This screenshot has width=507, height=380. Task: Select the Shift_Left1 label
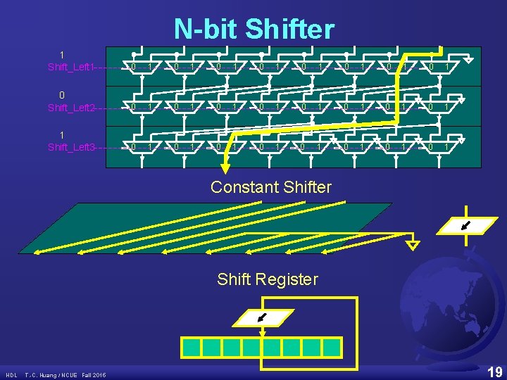click(71, 67)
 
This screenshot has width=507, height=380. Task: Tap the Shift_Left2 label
click(71, 108)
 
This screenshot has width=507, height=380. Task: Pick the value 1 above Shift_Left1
click(63, 54)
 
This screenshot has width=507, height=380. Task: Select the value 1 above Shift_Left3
click(63, 134)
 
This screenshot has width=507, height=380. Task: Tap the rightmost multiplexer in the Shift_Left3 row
click(440, 146)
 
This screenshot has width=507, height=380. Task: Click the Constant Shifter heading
click(271, 187)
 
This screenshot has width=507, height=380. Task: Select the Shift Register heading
click(268, 279)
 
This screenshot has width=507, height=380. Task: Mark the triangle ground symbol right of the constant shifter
click(413, 245)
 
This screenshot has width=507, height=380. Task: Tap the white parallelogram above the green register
click(261, 318)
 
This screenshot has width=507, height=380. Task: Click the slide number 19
click(494, 370)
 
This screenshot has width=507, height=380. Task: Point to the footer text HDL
click(12, 375)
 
